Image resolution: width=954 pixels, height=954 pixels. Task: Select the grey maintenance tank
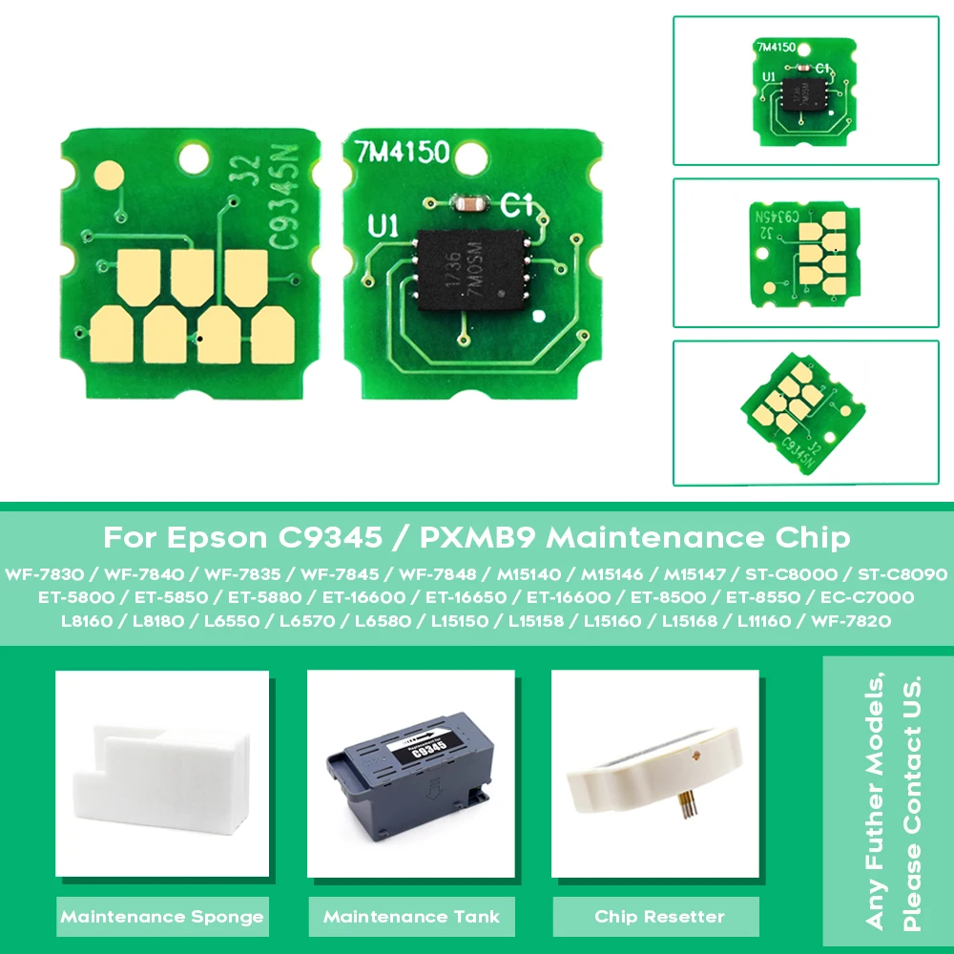tap(410, 777)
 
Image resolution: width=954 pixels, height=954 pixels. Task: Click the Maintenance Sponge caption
tap(162, 917)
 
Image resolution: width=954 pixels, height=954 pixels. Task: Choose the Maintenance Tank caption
tap(411, 917)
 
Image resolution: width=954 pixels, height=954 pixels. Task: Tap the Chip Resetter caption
tap(659, 917)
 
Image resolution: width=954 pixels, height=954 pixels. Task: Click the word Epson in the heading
tap(218, 537)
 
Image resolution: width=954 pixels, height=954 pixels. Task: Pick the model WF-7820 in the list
tap(851, 621)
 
